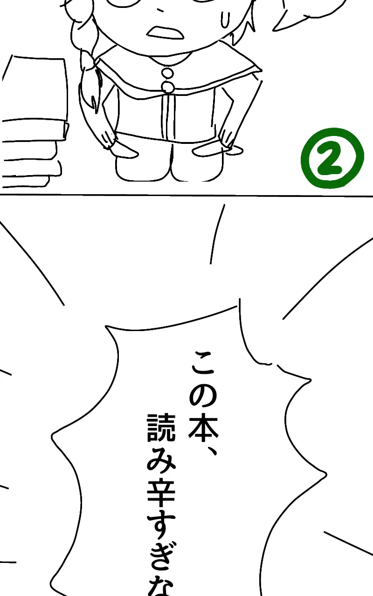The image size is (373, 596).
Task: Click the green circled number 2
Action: pos(332,158)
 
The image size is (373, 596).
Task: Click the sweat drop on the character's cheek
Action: pos(226,19)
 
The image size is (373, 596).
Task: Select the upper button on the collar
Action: pos(167,73)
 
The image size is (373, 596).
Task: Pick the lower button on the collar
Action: pos(168,87)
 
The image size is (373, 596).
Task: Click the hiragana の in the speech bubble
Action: pos(203,396)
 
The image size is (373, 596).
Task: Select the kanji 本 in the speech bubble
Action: pos(203,426)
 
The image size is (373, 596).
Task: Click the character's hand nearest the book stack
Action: pos(110,140)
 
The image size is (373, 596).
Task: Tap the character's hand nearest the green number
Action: pos(228,140)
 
